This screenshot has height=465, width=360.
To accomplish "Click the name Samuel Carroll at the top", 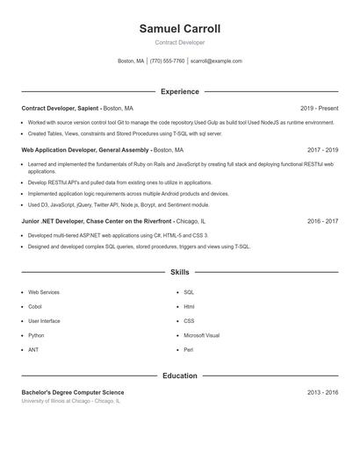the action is [179, 29].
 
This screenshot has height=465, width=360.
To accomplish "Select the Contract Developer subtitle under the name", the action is [179, 42].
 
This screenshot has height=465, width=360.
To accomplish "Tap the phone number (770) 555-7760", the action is [167, 61].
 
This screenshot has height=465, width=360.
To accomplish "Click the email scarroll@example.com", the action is [216, 61].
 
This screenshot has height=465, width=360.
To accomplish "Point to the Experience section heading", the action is [179, 91].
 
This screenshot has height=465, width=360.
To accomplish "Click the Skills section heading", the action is [179, 273].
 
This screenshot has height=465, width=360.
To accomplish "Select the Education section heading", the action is [179, 376].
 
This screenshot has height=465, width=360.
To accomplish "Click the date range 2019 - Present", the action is [319, 108].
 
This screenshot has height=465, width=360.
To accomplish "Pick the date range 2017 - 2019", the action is [322, 150].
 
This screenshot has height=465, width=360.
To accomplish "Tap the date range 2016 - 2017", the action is [322, 222].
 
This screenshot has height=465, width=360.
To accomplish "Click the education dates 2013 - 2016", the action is [322, 392].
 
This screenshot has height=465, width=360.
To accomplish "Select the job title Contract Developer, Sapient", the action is [60, 108].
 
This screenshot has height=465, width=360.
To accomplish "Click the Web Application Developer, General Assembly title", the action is [85, 150].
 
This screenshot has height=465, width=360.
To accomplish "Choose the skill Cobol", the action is [35, 306].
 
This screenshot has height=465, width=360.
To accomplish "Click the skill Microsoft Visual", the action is [201, 335].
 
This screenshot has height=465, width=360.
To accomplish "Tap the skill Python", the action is [36, 335].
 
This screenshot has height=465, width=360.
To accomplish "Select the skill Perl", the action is [188, 350].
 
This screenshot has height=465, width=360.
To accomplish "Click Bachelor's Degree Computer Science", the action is [73, 392].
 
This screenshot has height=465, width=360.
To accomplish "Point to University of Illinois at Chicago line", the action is [70, 401].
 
